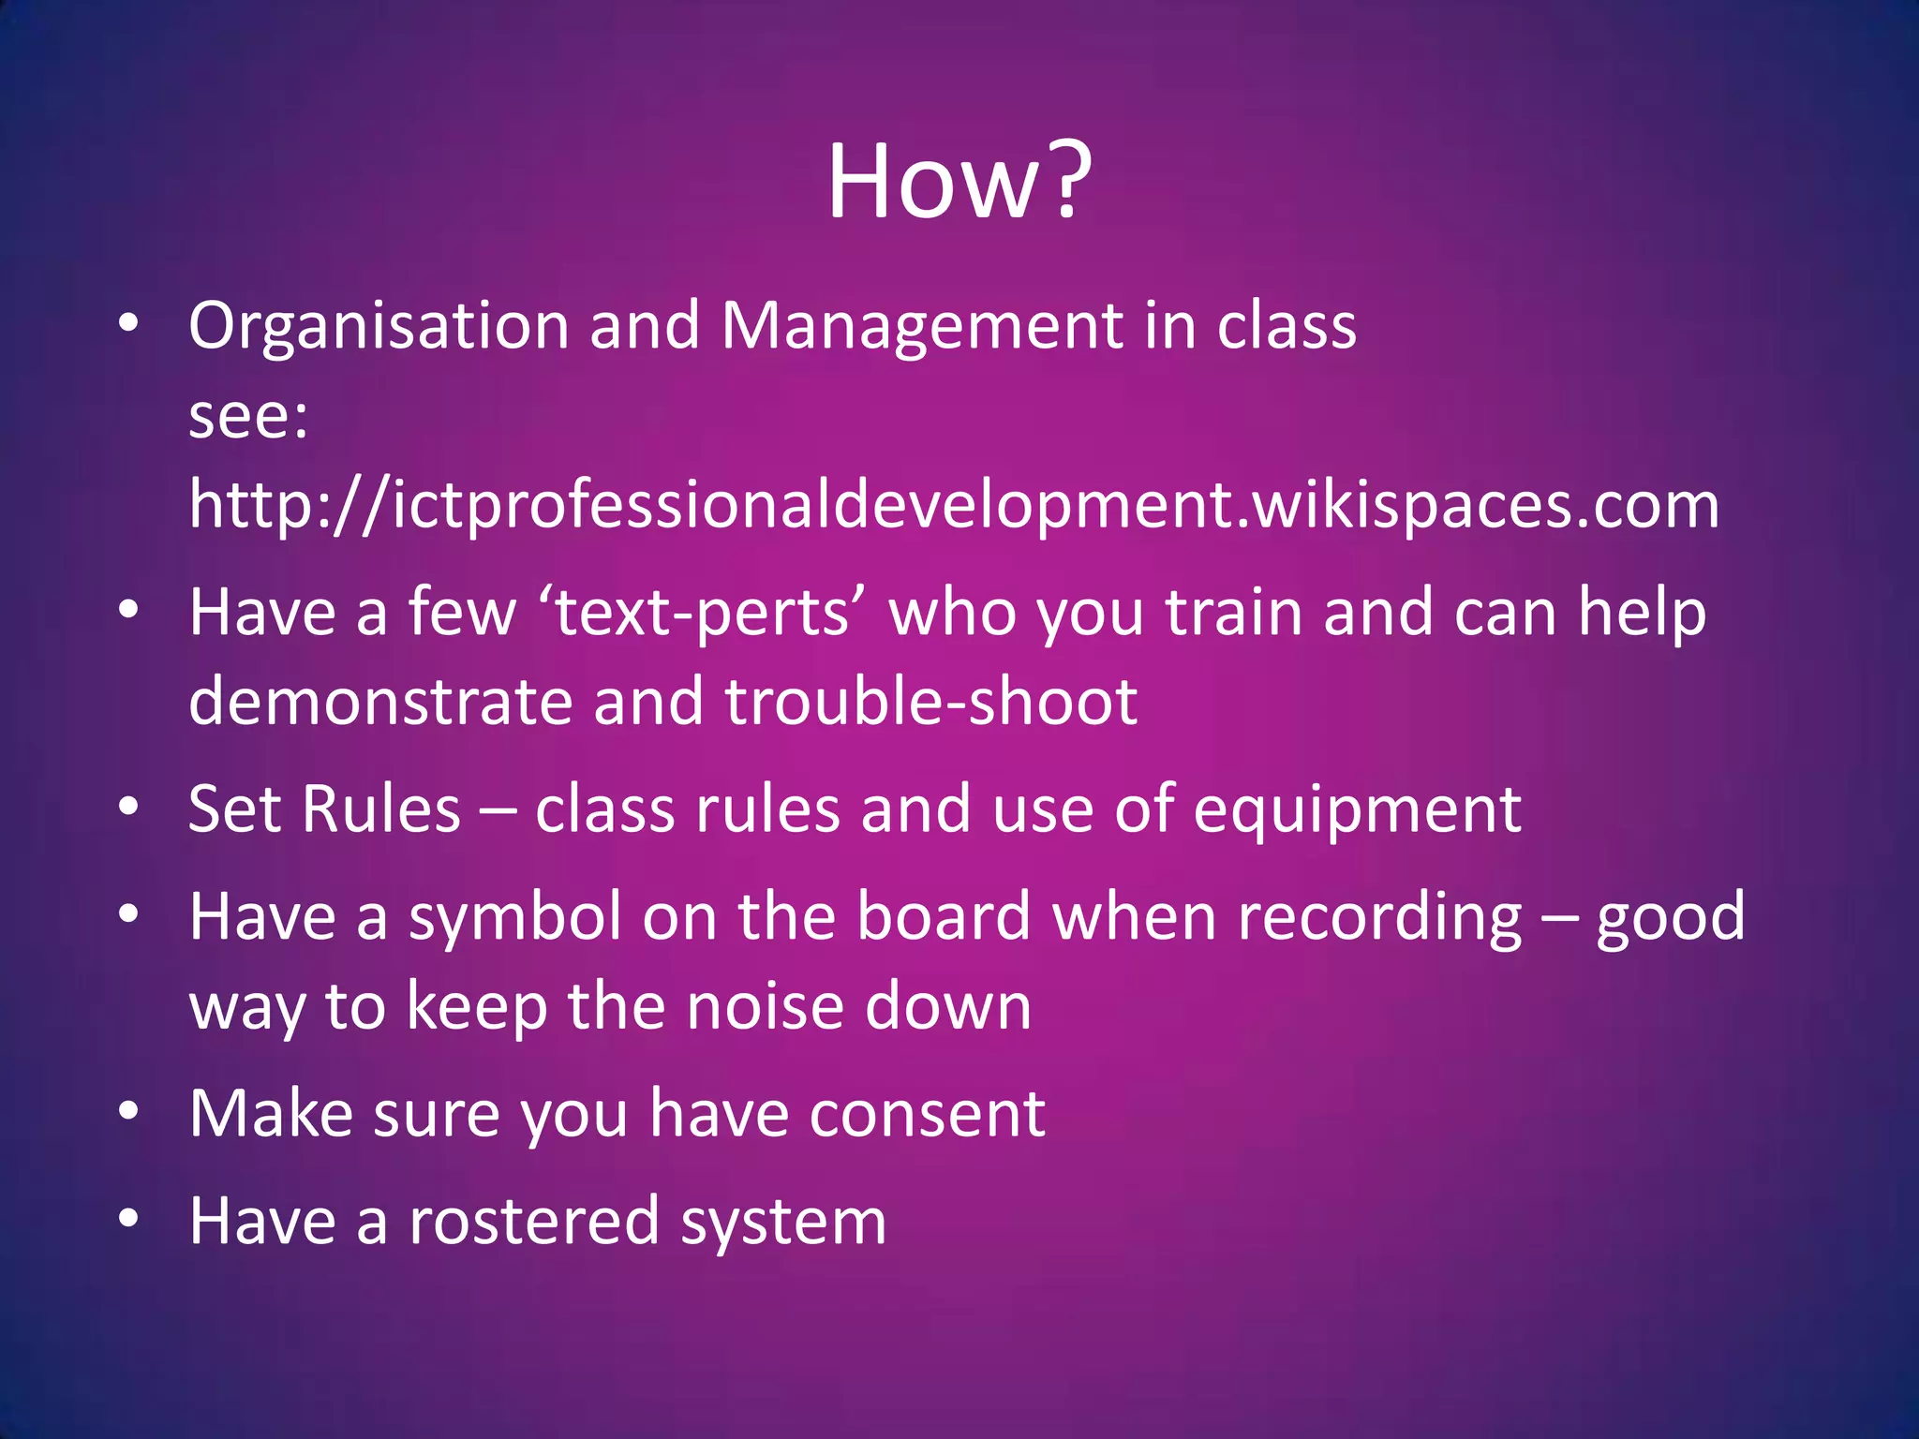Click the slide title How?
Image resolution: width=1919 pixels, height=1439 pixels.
[959, 182]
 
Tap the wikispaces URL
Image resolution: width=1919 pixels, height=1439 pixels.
[954, 506]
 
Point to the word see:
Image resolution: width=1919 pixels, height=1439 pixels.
[247, 416]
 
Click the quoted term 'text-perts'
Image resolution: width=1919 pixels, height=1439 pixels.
[703, 613]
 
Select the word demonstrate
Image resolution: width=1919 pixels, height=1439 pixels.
[379, 702]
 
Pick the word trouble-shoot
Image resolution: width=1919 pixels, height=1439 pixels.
[930, 702]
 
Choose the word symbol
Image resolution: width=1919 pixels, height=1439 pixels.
[515, 917]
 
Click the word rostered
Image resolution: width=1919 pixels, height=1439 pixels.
[534, 1222]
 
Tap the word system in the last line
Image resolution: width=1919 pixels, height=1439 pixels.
[783, 1224]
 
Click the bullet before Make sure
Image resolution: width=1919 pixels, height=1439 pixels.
[129, 1112]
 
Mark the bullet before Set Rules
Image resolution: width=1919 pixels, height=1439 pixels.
[129, 807]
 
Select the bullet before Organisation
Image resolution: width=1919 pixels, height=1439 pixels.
[129, 324]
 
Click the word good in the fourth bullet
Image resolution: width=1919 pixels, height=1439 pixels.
[1670, 919]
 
